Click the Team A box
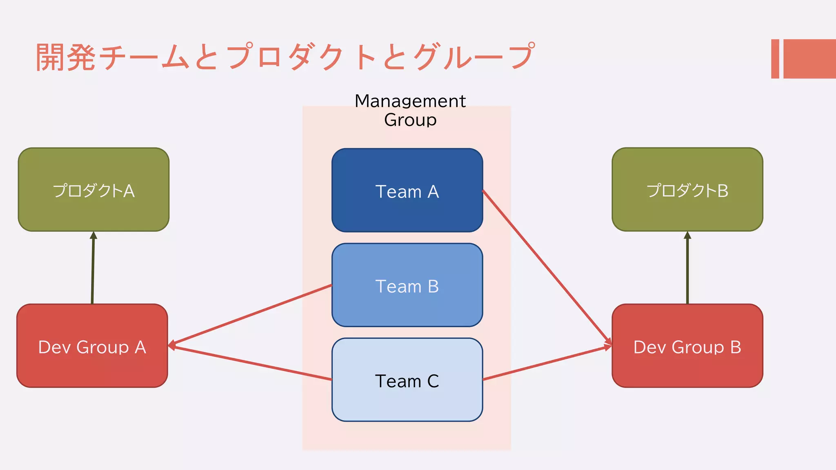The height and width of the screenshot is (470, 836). [x=407, y=190]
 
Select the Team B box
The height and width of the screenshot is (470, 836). [x=407, y=285]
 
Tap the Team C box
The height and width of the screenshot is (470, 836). [x=407, y=380]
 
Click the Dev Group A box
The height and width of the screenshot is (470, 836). [x=92, y=346]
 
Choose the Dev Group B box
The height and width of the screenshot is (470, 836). [x=687, y=346]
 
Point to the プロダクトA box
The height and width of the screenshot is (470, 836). [x=93, y=190]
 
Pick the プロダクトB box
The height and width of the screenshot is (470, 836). [x=687, y=190]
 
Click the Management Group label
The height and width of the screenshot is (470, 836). [x=410, y=110]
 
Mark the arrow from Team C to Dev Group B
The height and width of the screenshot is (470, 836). [x=547, y=363]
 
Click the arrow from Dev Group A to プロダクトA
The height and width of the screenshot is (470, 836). [x=93, y=269]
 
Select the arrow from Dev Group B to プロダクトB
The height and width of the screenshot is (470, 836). [x=687, y=269]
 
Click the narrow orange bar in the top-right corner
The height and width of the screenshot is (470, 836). [x=775, y=59]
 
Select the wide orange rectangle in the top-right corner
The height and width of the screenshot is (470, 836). [x=809, y=59]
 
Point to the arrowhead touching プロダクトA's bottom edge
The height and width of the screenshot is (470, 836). [x=93, y=235]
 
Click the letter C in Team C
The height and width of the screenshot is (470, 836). [x=433, y=381]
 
